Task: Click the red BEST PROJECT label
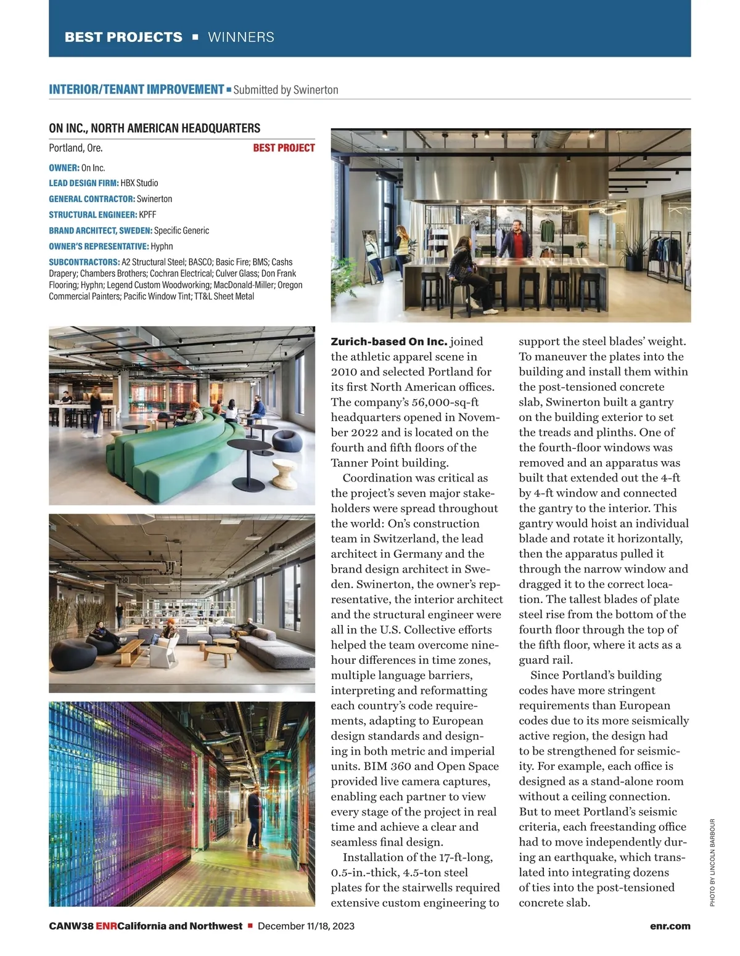point(284,148)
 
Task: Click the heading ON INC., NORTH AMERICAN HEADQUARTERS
point(154,128)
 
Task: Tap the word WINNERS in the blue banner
point(241,37)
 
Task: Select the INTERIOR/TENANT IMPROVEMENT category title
point(136,89)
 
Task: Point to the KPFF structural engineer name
point(147,214)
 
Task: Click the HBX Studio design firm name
point(139,183)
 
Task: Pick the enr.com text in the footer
point(670,926)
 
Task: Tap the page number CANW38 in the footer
point(71,926)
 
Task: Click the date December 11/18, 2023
point(306,926)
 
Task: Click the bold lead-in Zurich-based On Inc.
point(388,341)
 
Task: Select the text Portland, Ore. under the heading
point(76,148)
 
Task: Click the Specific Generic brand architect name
point(181,231)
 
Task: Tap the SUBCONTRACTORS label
point(84,262)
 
